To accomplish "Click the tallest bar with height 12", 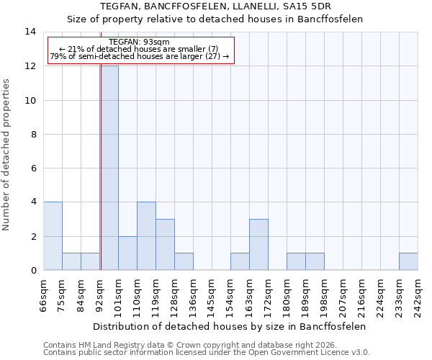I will pos(109,168).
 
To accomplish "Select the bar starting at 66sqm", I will pos(53,236).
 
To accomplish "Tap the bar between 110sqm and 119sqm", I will pos(146,236).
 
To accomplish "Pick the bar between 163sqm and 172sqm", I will pos(258,245).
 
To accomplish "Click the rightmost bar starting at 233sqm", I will pos(408,262).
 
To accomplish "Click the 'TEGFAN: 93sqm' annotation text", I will pos(140,42).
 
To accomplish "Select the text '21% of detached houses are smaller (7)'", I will pos(143,49).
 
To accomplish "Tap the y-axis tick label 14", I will pos(30,32).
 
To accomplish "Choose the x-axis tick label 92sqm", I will pos(99,294).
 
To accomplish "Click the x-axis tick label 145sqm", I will pos(212,294).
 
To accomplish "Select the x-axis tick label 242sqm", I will pos(418,294).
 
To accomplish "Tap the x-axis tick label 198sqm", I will pos(324,294).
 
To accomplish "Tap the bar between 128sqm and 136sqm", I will pos(184,262).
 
